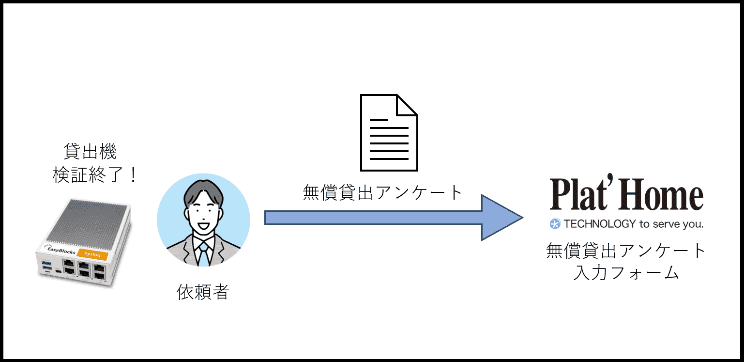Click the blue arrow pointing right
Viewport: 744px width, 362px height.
(378, 218)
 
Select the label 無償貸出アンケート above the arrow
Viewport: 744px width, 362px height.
(383, 192)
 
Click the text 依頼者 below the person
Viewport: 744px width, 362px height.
(203, 292)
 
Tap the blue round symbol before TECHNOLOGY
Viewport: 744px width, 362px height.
(555, 224)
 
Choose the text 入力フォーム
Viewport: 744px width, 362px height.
(626, 273)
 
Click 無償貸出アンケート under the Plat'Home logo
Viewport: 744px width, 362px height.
(626, 251)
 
